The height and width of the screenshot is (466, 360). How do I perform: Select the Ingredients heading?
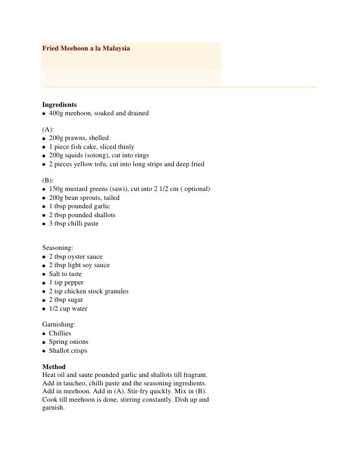tap(59, 105)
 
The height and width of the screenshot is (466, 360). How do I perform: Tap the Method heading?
tap(54, 368)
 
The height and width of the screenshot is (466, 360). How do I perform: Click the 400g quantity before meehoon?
tap(57, 114)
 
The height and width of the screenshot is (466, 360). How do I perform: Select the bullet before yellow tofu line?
tap(44, 164)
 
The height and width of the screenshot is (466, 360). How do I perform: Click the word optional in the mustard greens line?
tap(196, 189)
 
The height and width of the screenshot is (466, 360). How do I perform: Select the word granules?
tap(115, 291)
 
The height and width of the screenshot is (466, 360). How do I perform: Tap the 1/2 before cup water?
tap(54, 309)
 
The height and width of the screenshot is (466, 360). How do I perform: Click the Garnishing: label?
tap(59, 324)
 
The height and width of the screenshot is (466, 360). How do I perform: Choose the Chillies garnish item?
tap(60, 333)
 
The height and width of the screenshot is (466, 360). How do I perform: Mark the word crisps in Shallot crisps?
tap(79, 351)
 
